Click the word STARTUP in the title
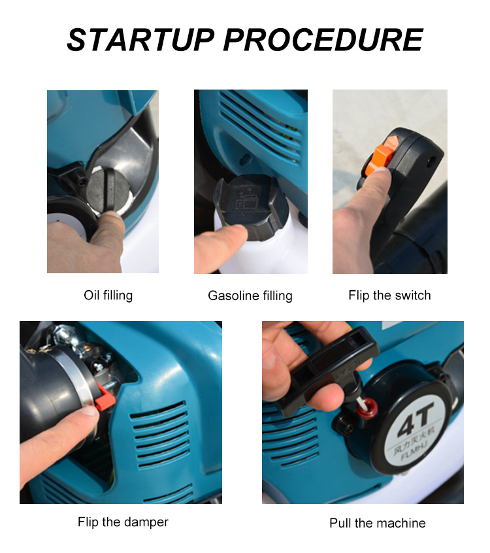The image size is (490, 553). coord(140,40)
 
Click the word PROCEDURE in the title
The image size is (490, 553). coord(323,40)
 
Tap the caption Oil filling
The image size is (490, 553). coord(108,295)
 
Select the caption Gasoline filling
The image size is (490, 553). coord(250,296)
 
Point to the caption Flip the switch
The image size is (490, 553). coord(389,295)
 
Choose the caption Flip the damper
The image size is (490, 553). coord(123,522)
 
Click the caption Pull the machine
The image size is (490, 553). coord(378,524)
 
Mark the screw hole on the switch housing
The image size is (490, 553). coord(430,159)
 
